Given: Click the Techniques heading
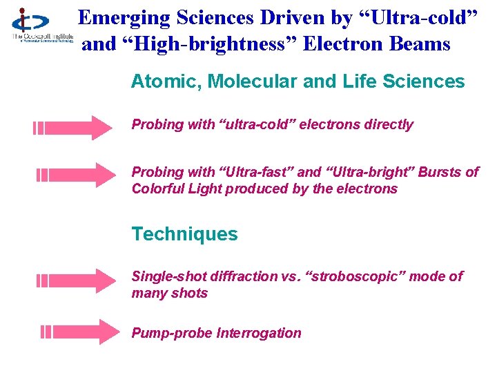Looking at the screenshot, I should point(184,234).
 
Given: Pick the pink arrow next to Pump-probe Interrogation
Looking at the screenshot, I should point(80,332).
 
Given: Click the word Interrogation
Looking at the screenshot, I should point(259,333).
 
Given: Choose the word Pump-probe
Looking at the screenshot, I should point(172,333).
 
